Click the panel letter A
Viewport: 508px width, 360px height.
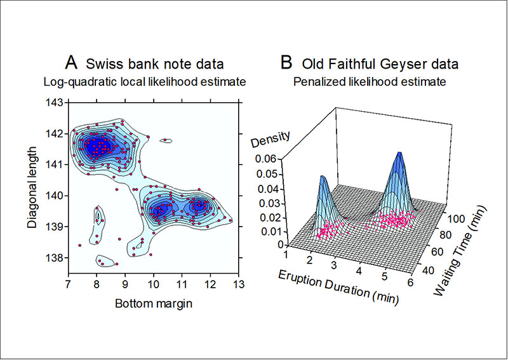71,62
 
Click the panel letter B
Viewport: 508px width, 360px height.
286,62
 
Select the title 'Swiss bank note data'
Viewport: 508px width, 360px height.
154,64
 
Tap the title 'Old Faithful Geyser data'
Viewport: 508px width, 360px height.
380,64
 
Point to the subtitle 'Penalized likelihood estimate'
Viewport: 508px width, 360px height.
370,82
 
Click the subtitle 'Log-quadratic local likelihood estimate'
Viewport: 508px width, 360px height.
145,82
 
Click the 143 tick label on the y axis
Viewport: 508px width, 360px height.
55,103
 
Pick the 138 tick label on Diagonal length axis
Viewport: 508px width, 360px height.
55,258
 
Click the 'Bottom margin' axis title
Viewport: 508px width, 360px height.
154,303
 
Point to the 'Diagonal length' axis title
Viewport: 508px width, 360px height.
32,187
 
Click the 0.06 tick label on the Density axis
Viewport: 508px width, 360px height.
267,159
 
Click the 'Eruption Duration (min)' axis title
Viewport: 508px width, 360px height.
338,287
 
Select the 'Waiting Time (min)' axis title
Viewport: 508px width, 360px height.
461,252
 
